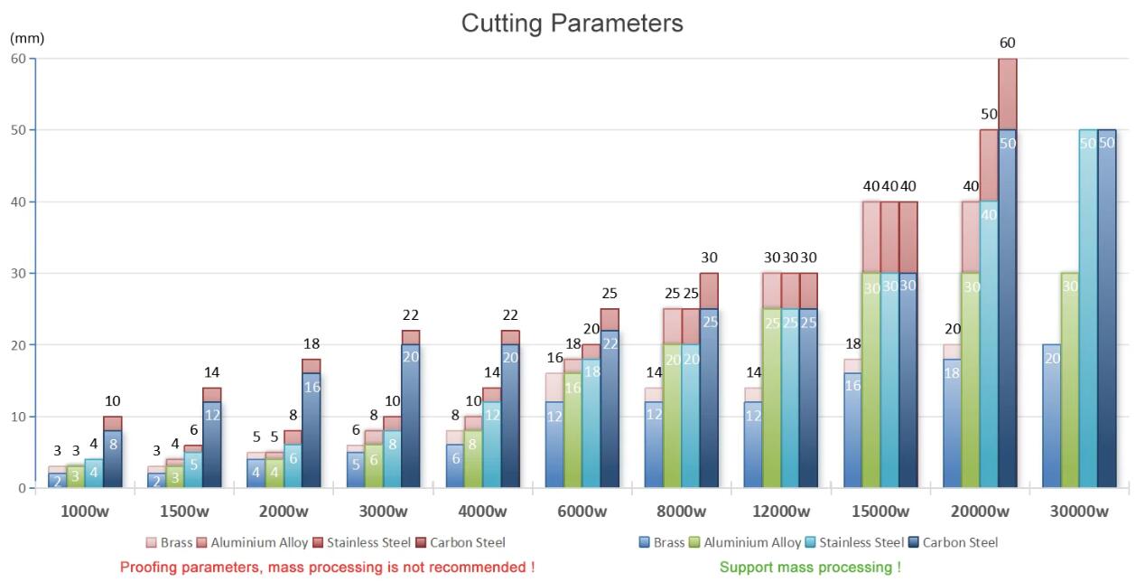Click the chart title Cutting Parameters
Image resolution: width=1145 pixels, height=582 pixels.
572,23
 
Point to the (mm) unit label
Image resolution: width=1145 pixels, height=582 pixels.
27,39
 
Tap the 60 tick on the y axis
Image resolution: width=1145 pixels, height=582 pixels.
18,59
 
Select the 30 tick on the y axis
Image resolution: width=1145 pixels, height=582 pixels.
18,273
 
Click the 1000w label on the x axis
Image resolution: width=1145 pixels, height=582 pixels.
85,512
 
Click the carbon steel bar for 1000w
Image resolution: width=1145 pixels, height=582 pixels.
112,456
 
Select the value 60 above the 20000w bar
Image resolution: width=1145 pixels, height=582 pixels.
1007,42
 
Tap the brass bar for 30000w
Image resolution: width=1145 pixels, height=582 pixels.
1051,416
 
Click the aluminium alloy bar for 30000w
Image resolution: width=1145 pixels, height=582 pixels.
1070,380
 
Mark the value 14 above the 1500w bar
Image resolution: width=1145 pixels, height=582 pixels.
212,372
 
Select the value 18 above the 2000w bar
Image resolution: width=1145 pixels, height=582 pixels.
312,343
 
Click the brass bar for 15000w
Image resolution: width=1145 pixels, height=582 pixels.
852,429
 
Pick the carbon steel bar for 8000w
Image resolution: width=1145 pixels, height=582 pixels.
709,398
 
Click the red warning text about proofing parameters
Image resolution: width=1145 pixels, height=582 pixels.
327,568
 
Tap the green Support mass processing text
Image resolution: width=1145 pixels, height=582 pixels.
809,568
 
